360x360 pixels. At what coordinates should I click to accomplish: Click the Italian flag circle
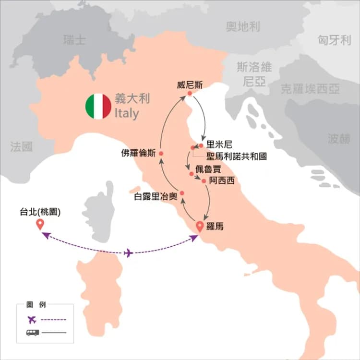[x=98, y=107]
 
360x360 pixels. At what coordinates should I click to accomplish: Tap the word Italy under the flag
[x=127, y=114]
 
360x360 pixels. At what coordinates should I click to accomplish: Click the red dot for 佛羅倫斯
[x=161, y=154]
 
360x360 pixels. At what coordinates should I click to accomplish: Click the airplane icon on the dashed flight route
[x=128, y=253]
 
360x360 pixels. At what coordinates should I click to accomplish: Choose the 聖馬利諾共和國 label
[x=236, y=156]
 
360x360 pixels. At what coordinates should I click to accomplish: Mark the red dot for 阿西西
[x=204, y=181]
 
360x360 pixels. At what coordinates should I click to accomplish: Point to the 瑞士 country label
[x=74, y=40]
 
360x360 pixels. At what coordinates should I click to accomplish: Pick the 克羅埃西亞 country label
[x=311, y=89]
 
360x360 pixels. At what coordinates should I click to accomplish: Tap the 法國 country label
[x=22, y=146]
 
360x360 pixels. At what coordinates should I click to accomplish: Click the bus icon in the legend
[x=33, y=332]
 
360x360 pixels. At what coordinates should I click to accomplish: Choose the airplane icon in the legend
[x=33, y=320]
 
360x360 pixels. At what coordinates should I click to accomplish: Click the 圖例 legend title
[x=37, y=305]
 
